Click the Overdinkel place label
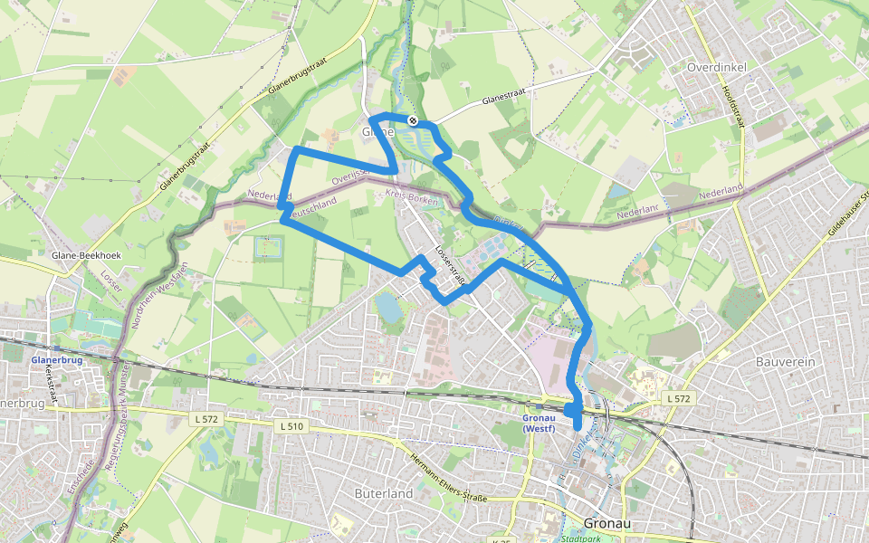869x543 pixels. (716, 68)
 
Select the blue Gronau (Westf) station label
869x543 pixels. (544, 423)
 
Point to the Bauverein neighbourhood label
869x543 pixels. (785, 361)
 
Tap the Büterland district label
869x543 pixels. (383, 493)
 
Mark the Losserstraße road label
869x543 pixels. (450, 266)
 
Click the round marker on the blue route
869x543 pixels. (413, 120)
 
